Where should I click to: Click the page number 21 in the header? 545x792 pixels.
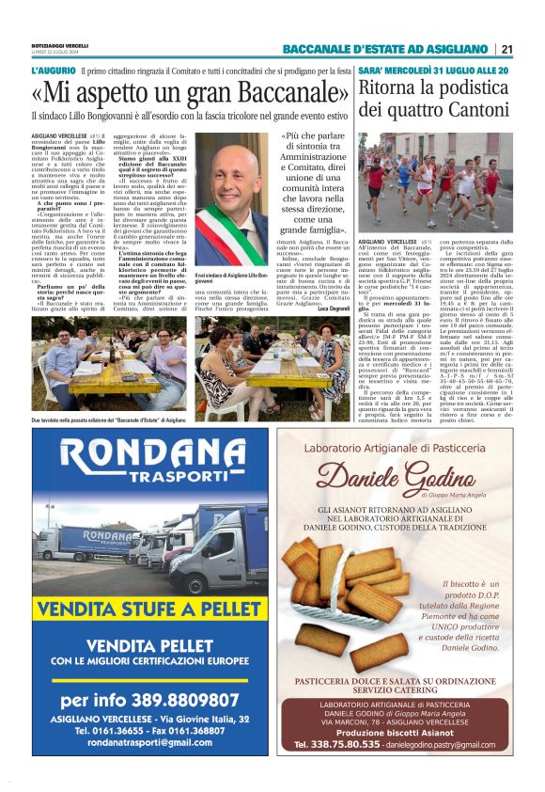507,49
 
